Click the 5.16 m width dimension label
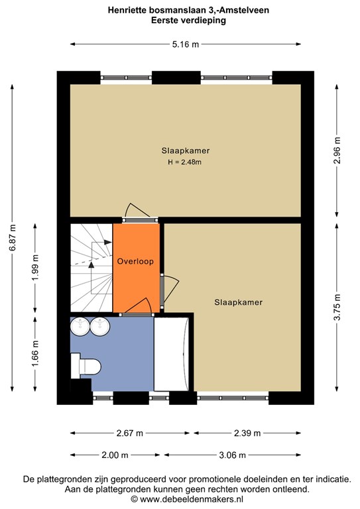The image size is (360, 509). [186, 44]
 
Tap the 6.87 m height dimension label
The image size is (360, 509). [13, 238]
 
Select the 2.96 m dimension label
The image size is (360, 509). [337, 150]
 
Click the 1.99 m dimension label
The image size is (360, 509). [35, 268]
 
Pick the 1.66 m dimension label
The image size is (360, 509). [35, 353]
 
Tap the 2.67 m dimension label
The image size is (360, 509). [130, 433]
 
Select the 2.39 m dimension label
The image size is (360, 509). [247, 433]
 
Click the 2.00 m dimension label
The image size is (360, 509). [115, 455]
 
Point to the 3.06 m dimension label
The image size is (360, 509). [233, 455]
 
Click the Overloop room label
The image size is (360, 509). [135, 261]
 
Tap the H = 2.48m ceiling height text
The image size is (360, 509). [185, 162]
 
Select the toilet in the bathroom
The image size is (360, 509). [86, 366]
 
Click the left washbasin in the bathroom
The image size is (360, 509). [80, 327]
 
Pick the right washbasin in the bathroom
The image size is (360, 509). [100, 327]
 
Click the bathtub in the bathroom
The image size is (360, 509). [172, 354]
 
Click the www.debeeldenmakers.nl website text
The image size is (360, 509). [192, 499]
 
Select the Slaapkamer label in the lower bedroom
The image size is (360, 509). [238, 302]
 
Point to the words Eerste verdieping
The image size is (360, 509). [188, 21]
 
